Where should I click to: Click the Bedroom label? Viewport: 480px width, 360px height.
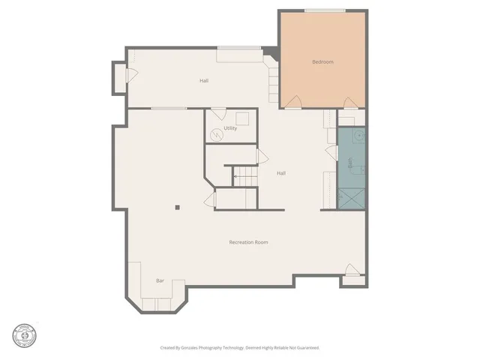point(322,61)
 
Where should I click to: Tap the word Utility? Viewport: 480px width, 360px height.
point(231,128)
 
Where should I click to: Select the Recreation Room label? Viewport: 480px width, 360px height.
point(248,242)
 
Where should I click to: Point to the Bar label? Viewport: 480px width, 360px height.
point(160,280)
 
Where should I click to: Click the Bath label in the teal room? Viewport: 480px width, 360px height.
point(350,161)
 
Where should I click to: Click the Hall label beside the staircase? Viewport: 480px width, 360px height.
point(280,173)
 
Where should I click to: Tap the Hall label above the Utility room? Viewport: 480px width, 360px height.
point(204,80)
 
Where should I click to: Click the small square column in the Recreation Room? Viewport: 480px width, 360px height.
point(177,208)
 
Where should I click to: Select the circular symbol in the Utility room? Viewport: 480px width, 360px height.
point(217,135)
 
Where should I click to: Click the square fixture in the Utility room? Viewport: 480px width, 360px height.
point(242,118)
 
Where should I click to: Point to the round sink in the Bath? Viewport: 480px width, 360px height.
point(358,136)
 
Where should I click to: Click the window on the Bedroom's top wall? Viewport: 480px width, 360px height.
point(325,10)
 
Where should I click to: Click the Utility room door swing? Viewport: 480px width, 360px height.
point(218,114)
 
